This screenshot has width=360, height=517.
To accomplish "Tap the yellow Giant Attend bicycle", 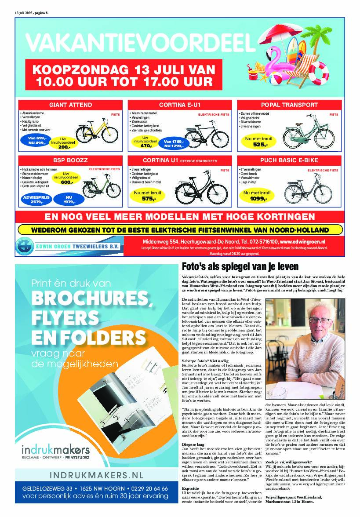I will point(97,130).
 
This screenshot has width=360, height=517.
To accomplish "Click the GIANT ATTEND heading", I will point(70,105).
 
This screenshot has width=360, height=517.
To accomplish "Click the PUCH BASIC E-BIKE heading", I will point(289,160).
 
